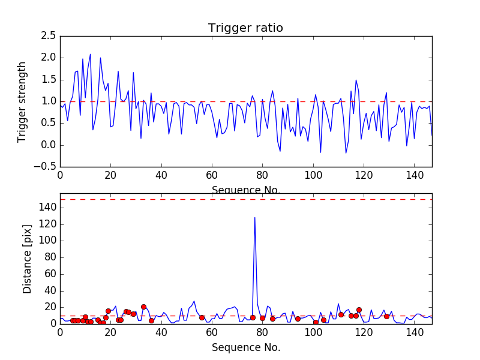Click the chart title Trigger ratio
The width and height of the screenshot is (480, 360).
[245, 28]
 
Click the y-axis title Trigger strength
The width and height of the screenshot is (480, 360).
[22, 101]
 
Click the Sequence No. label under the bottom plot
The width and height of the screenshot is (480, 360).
[246, 347]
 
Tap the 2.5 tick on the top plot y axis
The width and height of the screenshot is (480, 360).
[49, 36]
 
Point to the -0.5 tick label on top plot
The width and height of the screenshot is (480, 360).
[46, 167]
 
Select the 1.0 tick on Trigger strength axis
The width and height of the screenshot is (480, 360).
[49, 101]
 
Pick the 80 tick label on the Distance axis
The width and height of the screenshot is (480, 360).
[49, 257]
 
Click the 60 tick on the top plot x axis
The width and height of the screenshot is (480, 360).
[212, 176]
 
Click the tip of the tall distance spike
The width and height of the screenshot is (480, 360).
[255, 218]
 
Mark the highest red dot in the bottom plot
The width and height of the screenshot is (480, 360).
[143, 307]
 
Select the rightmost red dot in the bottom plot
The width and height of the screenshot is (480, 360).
[386, 316]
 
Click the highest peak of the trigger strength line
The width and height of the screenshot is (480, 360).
[91, 54]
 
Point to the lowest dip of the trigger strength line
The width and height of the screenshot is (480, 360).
[346, 153]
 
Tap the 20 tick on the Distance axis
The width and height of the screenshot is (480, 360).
[49, 307]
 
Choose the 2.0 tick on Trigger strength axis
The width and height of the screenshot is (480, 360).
[49, 58]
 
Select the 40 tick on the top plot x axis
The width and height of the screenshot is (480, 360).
[161, 176]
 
